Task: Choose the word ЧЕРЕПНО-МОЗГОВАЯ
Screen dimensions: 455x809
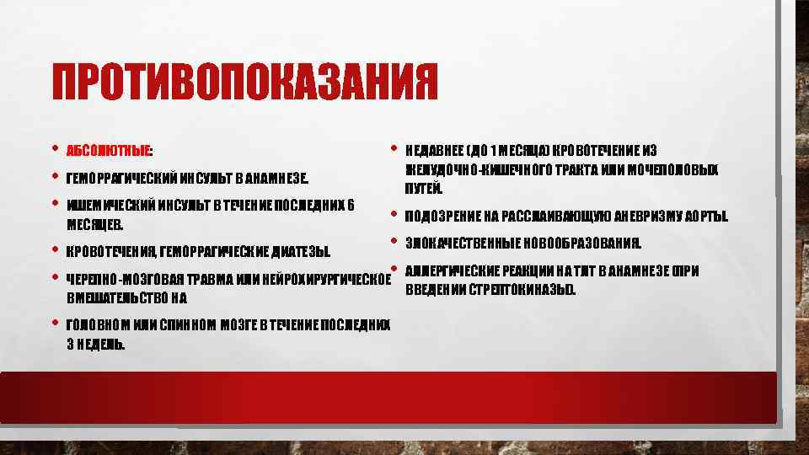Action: point(119,280)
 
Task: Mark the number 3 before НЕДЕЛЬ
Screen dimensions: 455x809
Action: point(69,343)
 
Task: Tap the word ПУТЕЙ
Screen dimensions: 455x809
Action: point(418,188)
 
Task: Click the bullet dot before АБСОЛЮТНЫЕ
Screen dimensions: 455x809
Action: point(55,150)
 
